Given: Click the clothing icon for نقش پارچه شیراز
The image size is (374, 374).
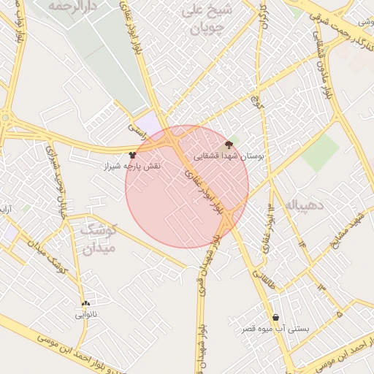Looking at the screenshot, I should pyautogui.click(x=132, y=155).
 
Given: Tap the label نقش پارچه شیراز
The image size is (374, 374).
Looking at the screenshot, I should pyautogui.click(x=132, y=167).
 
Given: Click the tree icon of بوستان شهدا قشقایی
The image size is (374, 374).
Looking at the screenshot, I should pyautogui.click(x=229, y=145).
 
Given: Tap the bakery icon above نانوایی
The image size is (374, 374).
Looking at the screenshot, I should pyautogui.click(x=86, y=304).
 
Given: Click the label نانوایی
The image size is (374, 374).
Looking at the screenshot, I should pyautogui.click(x=86, y=316).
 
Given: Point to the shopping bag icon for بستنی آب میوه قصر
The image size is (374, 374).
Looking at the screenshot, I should pyautogui.click(x=276, y=317).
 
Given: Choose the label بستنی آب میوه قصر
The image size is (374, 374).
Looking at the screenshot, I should pyautogui.click(x=276, y=329).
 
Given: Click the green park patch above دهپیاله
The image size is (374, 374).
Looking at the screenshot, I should pyautogui.click(x=320, y=152).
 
